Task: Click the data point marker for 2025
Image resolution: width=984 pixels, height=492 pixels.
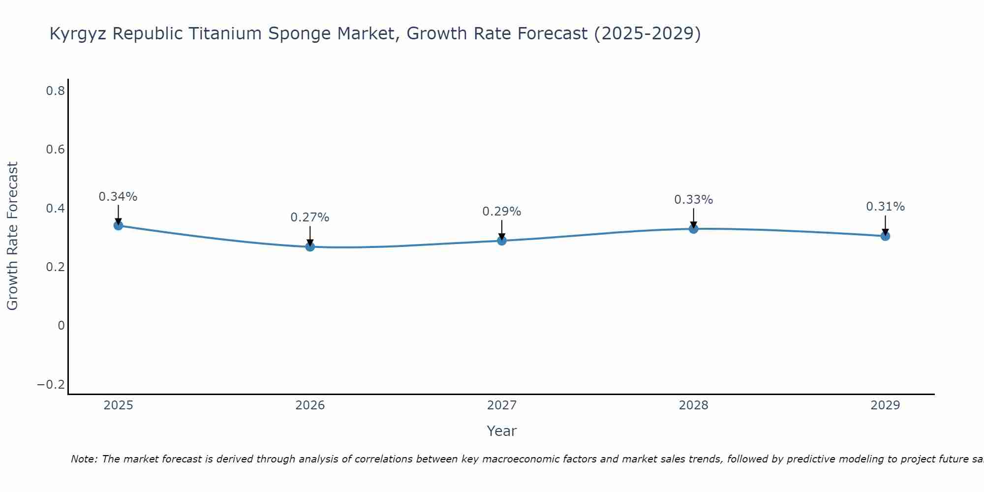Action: [x=118, y=225]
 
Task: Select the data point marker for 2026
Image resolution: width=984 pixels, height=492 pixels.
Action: [x=310, y=246]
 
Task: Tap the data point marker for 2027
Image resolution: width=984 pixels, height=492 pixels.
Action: [x=502, y=241]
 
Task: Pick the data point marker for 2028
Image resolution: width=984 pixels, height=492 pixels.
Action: [x=694, y=229]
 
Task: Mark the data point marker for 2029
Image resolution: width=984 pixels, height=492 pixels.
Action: [x=885, y=236]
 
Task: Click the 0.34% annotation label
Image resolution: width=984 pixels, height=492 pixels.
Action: [x=118, y=197]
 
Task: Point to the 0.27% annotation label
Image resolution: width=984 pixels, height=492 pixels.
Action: [x=310, y=217]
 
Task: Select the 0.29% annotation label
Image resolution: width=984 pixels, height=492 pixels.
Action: [x=502, y=212]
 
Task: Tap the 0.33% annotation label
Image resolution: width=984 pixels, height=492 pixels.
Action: [x=694, y=200]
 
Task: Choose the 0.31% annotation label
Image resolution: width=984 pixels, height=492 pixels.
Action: [x=885, y=207]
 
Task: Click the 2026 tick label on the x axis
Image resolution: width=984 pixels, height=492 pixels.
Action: [x=310, y=405]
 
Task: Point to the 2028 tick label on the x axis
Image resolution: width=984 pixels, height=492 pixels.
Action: [x=694, y=405]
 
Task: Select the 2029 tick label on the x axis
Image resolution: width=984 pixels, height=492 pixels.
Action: [x=885, y=405]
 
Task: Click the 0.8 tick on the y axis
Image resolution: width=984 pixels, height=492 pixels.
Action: [x=56, y=91]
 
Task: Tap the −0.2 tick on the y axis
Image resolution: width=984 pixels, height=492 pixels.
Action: [x=51, y=384]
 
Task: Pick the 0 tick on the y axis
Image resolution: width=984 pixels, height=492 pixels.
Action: [x=61, y=325]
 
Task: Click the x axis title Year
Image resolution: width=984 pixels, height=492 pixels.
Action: [x=502, y=431]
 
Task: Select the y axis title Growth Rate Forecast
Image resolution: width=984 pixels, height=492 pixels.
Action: [x=13, y=236]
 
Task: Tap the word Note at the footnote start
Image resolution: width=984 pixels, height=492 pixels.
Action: [x=84, y=459]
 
